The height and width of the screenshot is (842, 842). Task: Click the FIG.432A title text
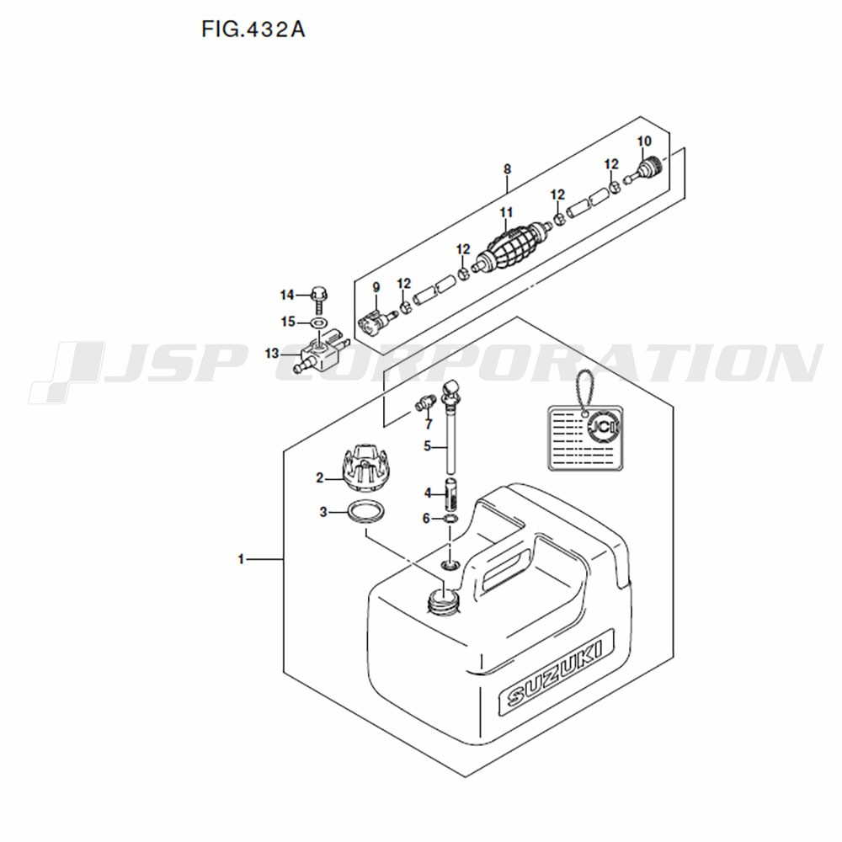(253, 29)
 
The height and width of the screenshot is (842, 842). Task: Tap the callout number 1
(241, 560)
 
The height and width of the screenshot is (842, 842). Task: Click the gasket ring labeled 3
(366, 512)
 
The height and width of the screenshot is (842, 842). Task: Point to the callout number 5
(428, 446)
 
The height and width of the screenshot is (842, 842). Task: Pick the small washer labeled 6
(450, 519)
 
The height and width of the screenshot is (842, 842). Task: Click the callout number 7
(428, 424)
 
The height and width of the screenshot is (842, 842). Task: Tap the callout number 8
(508, 169)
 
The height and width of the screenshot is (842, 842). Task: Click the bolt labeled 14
(319, 301)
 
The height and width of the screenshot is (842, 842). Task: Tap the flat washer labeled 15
(319, 322)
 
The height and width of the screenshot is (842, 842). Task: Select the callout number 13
(272, 354)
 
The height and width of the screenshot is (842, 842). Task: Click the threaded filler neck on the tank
(443, 601)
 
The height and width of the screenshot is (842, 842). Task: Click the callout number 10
(644, 141)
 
